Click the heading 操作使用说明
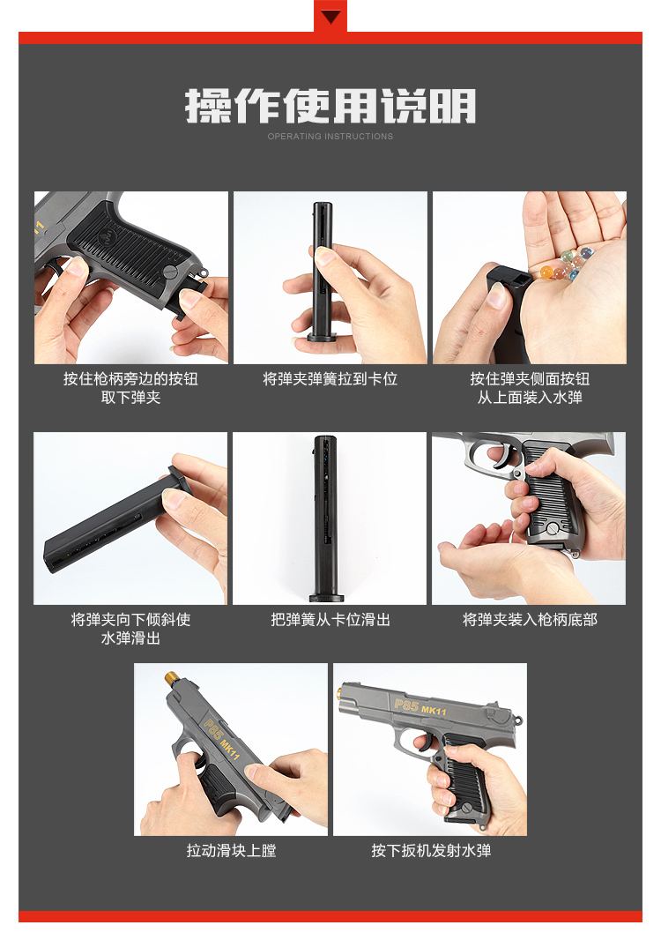pyautogui.click(x=330, y=107)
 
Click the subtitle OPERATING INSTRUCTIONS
pyautogui.click(x=330, y=137)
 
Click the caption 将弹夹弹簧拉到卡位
pyautogui.click(x=330, y=379)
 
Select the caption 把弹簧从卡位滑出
pyautogui.click(x=330, y=620)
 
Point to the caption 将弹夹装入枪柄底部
pyautogui.click(x=530, y=620)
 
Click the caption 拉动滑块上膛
pyautogui.click(x=231, y=851)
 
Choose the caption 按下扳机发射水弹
pyautogui.click(x=430, y=851)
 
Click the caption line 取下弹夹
pyautogui.click(x=130, y=398)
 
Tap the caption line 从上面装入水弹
pyautogui.click(x=530, y=398)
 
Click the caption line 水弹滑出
pyautogui.click(x=130, y=638)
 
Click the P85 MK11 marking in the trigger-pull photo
pyautogui.click(x=422, y=707)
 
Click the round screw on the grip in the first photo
pyautogui.click(x=170, y=273)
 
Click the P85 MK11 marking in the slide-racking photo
pyautogui.click(x=221, y=736)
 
